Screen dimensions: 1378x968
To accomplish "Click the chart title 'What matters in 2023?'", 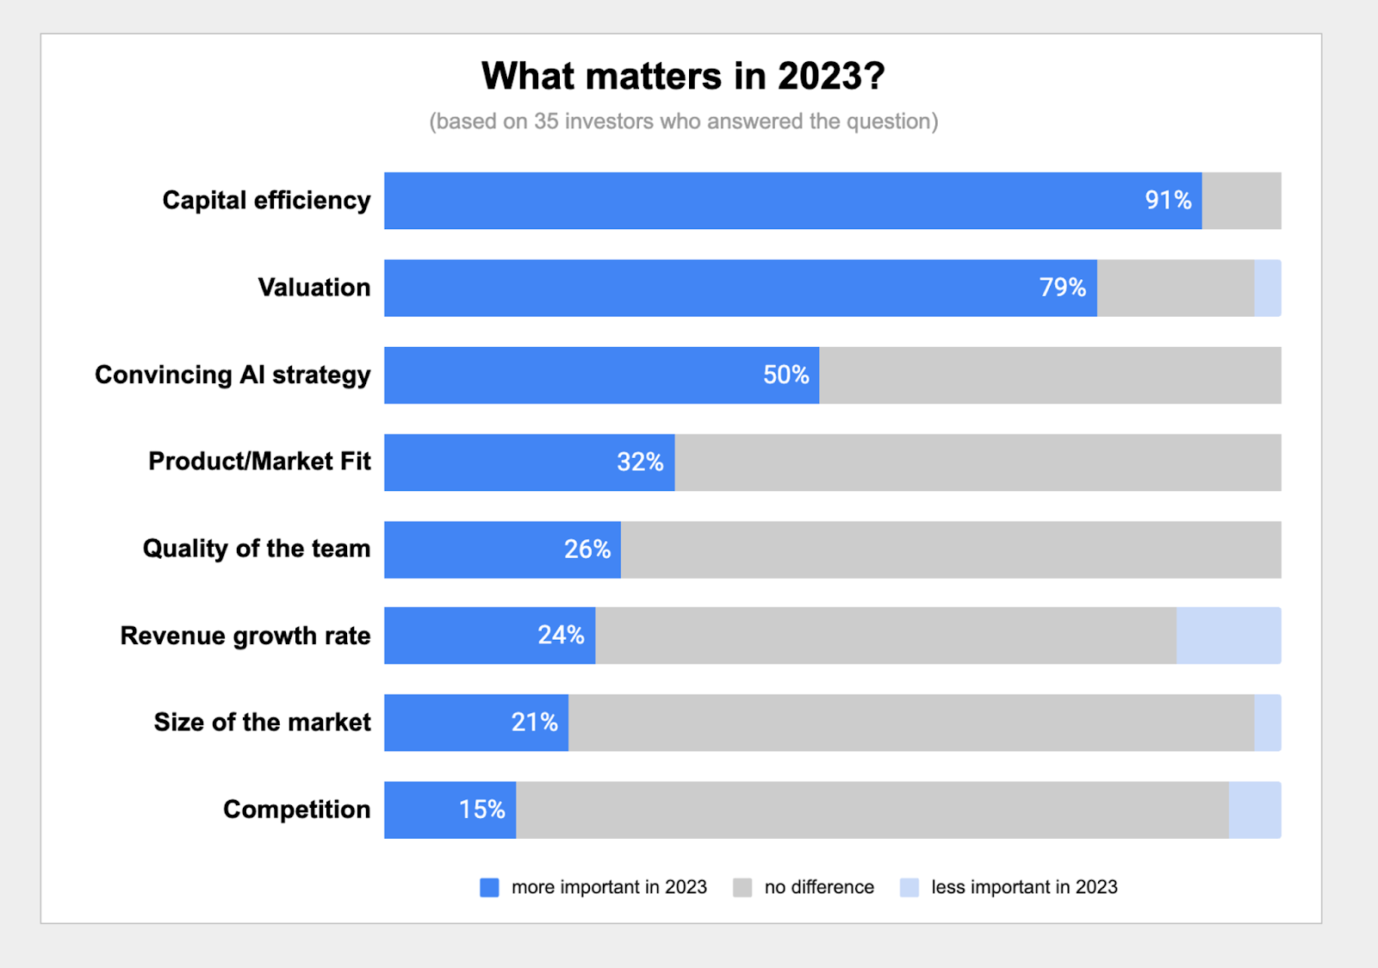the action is (x=683, y=77).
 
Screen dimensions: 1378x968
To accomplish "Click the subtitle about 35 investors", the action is (x=684, y=121).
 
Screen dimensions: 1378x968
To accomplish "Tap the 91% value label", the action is (x=1168, y=200).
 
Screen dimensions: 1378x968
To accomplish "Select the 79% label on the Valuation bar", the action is (x=1063, y=287).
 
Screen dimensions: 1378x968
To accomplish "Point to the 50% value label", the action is (x=785, y=375).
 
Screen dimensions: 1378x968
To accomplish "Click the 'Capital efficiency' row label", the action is (x=266, y=201).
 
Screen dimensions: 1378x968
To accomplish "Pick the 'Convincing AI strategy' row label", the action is (x=233, y=375).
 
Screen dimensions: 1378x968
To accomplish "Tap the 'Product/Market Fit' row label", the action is (x=259, y=462).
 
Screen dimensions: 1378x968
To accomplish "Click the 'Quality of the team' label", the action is (x=257, y=549).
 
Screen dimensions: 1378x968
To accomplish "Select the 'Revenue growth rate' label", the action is (x=245, y=636).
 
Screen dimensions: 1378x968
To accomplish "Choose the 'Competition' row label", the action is (x=296, y=810).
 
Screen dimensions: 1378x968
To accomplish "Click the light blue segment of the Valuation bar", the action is (x=1268, y=288).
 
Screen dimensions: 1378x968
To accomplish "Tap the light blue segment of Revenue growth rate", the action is (x=1229, y=636).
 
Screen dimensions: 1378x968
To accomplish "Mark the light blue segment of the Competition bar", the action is (x=1255, y=810).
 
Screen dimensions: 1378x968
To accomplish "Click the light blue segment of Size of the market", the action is (x=1268, y=723).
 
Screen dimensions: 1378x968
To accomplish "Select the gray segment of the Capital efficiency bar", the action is (x=1241, y=201).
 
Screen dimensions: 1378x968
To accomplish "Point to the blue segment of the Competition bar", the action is (x=450, y=810).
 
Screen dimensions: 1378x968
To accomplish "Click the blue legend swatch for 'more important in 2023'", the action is (x=489, y=887).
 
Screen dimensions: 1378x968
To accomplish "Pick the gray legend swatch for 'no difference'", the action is (x=742, y=887).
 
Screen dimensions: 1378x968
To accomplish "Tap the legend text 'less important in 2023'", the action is (x=1024, y=887).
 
